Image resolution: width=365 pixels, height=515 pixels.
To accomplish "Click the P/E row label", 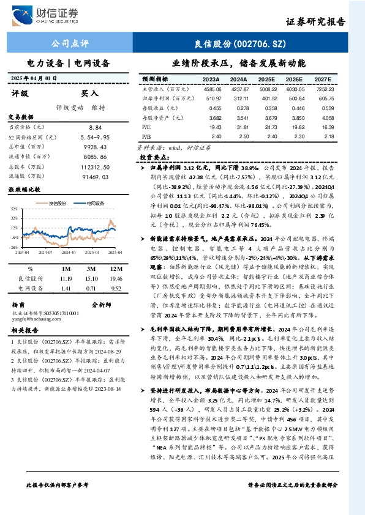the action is [x=146, y=127].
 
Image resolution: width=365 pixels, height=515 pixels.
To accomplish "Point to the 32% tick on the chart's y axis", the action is [x=13, y=209].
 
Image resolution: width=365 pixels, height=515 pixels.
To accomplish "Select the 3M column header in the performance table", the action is [x=91, y=268].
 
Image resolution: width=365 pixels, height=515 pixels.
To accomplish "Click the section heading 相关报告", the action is [x=24, y=330].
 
